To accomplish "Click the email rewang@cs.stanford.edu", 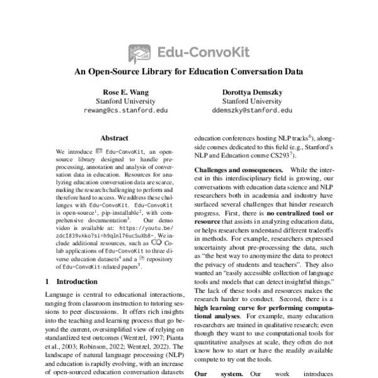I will point(117,110).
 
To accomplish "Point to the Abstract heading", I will point(115,138).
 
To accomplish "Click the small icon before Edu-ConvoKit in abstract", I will point(98,152).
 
